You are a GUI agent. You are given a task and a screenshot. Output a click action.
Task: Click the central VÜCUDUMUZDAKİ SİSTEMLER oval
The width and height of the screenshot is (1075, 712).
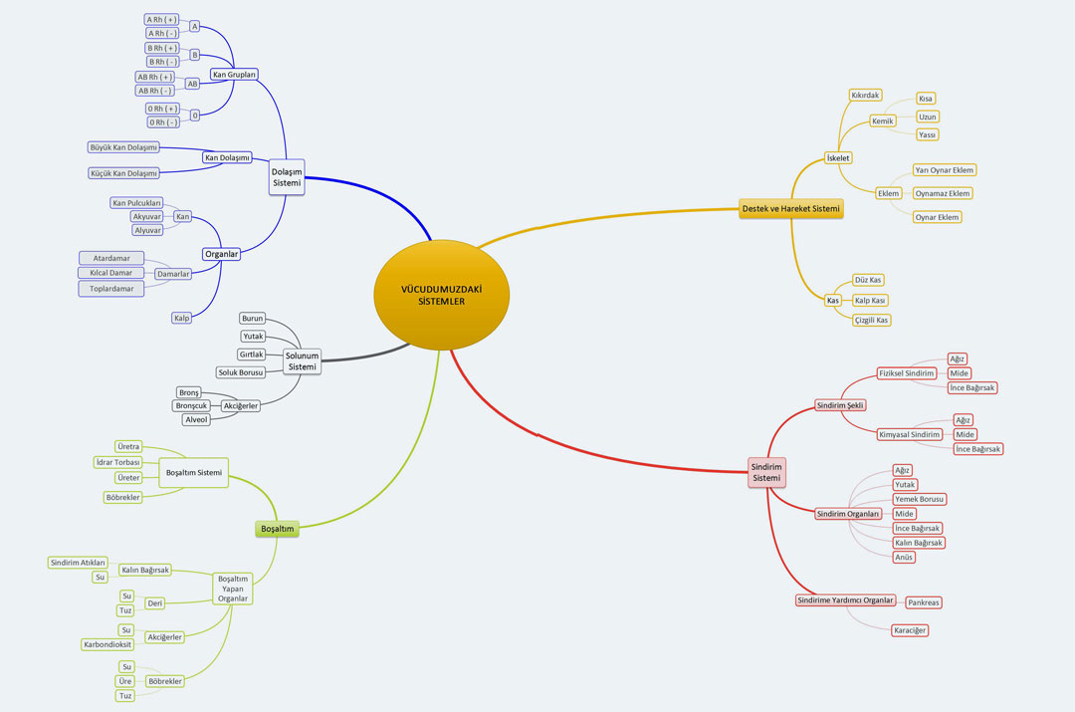click(442, 295)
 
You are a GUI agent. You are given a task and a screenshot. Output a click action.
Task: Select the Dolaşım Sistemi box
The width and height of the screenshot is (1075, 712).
click(287, 177)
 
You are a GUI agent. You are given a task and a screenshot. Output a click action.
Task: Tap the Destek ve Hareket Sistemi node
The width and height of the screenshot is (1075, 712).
click(790, 208)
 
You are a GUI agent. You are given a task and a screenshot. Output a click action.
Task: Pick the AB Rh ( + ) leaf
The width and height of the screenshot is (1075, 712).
click(155, 77)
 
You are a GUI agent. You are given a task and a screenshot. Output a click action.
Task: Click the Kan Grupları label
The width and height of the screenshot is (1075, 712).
click(235, 74)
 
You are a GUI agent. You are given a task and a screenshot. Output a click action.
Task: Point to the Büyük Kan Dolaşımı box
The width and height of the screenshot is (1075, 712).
click(123, 147)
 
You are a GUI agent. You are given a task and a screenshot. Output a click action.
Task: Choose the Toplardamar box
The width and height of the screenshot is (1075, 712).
click(111, 289)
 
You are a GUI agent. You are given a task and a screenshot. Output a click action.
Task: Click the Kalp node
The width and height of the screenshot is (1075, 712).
click(182, 319)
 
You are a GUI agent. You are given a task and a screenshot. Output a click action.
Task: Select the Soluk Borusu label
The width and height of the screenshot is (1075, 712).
click(241, 372)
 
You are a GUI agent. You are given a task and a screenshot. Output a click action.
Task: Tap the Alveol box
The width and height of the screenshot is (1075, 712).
click(196, 420)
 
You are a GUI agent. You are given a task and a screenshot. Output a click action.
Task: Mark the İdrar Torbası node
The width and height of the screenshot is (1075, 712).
click(117, 462)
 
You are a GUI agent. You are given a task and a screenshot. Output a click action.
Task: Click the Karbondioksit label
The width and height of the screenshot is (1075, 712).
click(107, 644)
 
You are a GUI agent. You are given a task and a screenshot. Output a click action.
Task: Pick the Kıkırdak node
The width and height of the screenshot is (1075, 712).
click(865, 96)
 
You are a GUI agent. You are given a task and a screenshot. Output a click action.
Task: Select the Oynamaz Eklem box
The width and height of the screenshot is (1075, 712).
click(943, 193)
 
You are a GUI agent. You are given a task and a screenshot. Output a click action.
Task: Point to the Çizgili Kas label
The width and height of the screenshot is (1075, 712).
click(871, 321)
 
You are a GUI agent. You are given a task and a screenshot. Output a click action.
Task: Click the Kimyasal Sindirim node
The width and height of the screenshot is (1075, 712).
click(910, 435)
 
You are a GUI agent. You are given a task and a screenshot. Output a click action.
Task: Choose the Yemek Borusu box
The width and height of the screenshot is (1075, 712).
click(920, 499)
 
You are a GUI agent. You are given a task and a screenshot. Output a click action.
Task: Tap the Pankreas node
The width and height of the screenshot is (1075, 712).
click(924, 602)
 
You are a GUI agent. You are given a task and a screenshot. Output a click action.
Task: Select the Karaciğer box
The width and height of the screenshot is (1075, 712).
click(910, 630)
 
